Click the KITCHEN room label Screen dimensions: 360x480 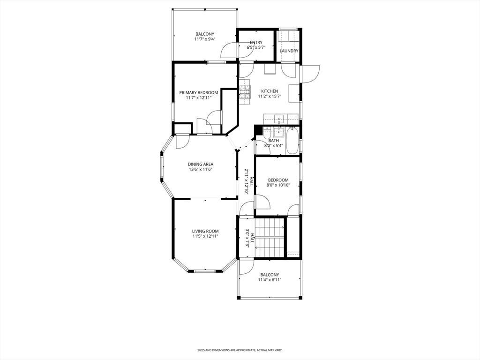point(270,91)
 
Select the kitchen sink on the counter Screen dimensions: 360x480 point(278,119)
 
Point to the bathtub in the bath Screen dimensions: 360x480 point(292,141)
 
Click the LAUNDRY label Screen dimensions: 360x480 point(289,51)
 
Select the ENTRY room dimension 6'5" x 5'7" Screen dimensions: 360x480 point(256,47)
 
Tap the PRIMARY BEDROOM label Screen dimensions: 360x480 point(199,92)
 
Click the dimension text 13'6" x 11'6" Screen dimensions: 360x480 point(201,170)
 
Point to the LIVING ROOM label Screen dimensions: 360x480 point(205,231)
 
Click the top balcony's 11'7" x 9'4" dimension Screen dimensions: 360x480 point(205,39)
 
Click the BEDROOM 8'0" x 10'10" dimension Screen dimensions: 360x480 point(278,185)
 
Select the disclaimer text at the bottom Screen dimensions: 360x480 point(240,350)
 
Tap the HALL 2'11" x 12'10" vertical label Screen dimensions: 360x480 point(248,179)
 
